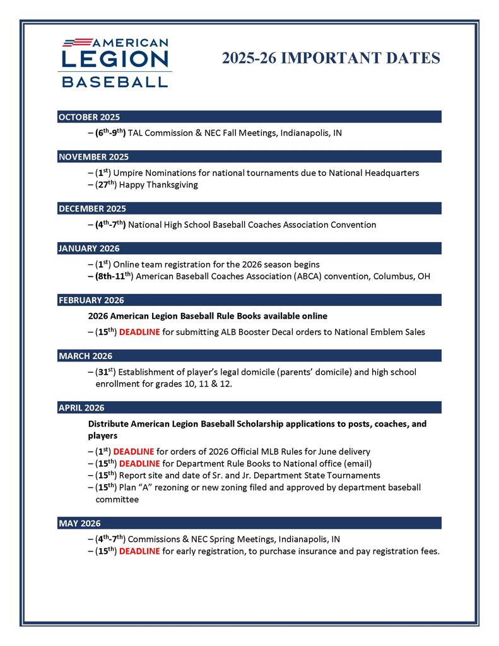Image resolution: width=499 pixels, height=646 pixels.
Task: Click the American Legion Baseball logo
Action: coord(115,62)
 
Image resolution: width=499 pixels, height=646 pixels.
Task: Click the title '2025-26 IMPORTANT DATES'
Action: coord(331,59)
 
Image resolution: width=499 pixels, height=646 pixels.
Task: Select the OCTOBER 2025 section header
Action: coord(89,117)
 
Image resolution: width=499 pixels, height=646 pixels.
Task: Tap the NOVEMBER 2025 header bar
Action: coord(93,156)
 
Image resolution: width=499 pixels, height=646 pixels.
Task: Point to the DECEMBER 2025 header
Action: coord(92,209)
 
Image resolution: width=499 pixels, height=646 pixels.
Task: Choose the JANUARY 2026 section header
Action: coord(89,249)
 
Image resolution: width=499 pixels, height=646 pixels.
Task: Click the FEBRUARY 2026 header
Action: coord(91,300)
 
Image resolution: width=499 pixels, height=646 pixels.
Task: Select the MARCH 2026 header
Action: coord(86,356)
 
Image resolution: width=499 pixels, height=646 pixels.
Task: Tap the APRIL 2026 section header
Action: coord(81,408)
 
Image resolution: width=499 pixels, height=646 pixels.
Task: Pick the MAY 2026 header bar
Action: coord(79,523)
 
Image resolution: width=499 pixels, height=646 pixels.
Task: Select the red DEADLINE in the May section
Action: coord(139,551)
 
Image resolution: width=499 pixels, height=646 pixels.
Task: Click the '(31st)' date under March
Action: coord(107,372)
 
